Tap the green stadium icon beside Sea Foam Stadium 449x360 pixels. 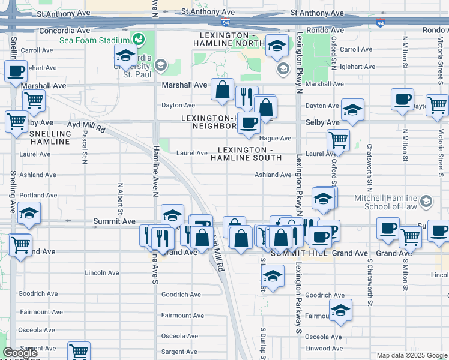coord(139,40)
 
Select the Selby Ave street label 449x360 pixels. coord(323,122)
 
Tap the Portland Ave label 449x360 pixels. coord(38,195)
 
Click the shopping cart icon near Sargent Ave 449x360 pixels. coord(79,350)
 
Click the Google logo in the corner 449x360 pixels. coord(20,353)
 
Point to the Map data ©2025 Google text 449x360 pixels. coord(411,355)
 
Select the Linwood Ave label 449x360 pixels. coord(324,348)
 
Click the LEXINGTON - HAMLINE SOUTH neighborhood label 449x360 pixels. coord(246,154)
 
